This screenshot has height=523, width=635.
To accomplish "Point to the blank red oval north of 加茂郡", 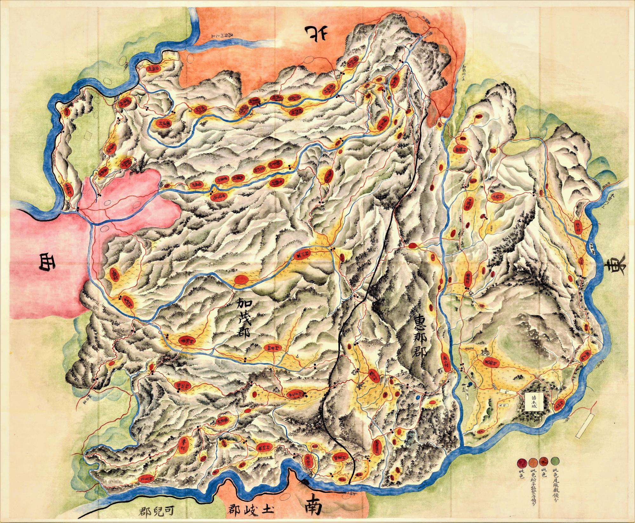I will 242,280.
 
